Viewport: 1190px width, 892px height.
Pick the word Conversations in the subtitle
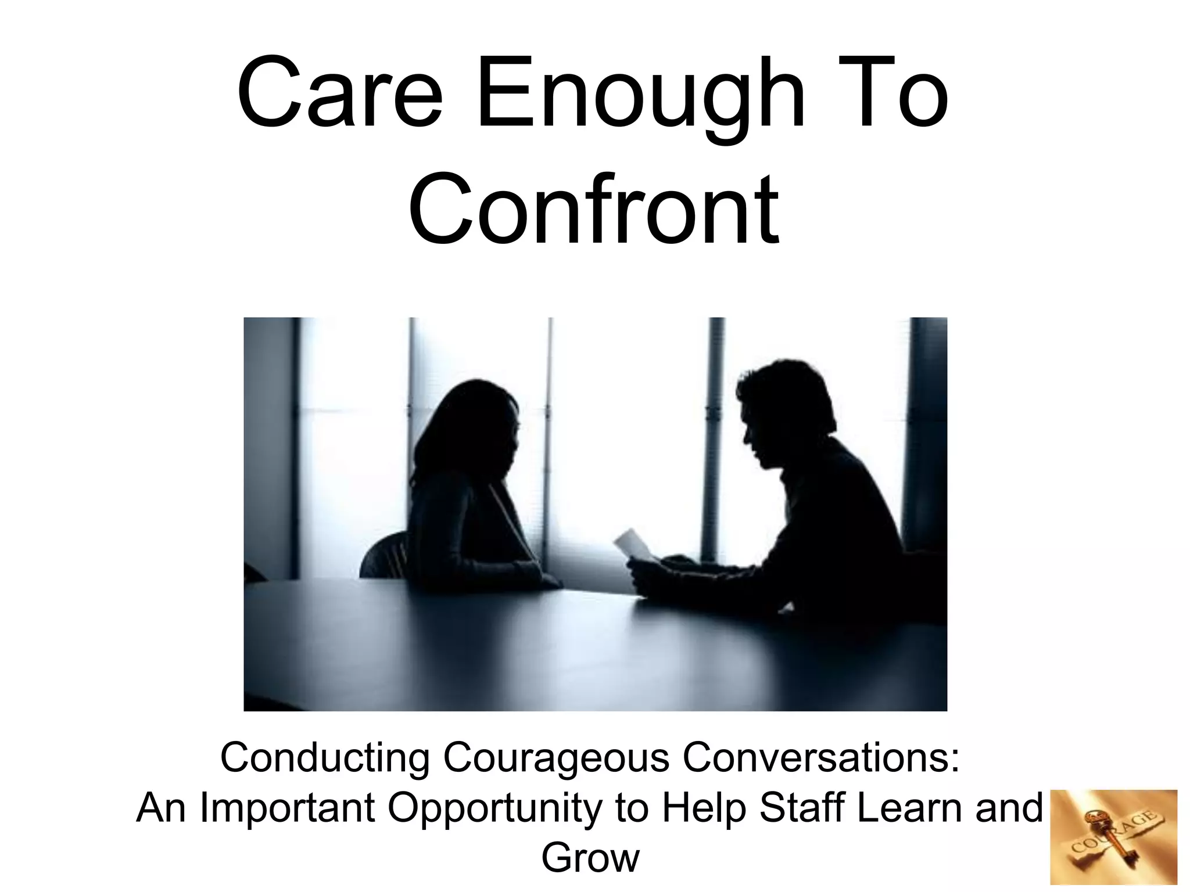click(x=819, y=758)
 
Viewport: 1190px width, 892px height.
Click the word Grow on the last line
click(x=590, y=858)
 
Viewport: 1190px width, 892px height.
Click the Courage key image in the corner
click(x=1113, y=837)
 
